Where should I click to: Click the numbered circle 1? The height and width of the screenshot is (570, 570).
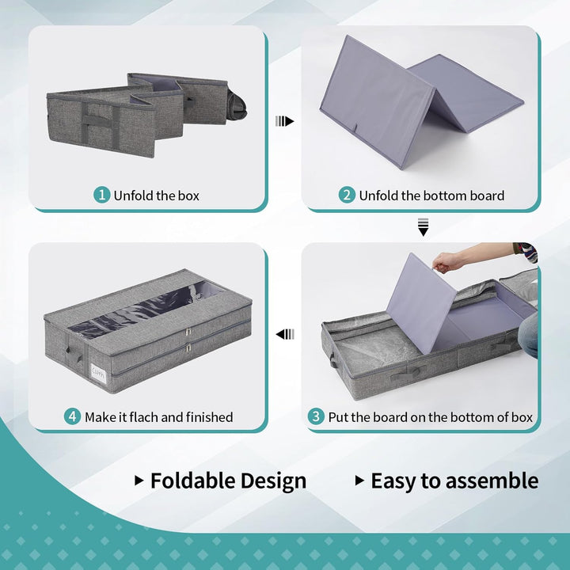[102, 195]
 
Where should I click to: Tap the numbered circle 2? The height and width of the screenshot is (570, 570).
[347, 195]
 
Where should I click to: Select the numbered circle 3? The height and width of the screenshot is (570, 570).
[316, 416]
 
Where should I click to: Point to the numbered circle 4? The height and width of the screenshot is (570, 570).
[72, 416]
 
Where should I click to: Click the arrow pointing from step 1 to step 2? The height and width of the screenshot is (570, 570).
[285, 121]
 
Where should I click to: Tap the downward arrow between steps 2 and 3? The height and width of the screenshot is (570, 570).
[423, 227]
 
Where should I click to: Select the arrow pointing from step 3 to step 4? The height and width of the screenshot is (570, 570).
[285, 334]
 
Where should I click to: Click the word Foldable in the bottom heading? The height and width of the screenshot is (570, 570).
[192, 481]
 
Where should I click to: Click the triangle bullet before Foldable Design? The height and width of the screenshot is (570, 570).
[139, 481]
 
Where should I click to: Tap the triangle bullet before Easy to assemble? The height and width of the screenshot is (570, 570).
[359, 481]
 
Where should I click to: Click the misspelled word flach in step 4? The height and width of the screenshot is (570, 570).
[143, 416]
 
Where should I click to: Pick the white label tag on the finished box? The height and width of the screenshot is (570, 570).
[98, 373]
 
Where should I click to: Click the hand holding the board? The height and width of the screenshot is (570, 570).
[446, 262]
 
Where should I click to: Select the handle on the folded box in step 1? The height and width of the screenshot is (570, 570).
[97, 121]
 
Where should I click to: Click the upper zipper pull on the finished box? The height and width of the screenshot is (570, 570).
[188, 332]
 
